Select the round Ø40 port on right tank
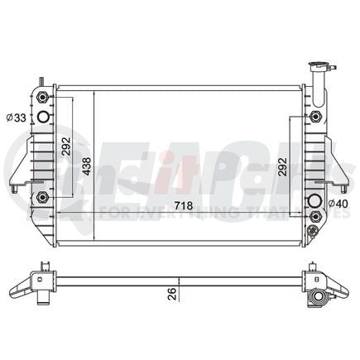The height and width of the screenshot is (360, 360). pos(314,202)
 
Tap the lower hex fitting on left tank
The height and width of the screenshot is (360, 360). pos(42,196)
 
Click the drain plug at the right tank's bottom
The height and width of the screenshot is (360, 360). pos(312,231)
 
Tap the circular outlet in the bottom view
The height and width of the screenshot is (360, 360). pos(315,296)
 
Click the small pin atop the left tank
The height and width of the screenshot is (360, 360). pos(37,78)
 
